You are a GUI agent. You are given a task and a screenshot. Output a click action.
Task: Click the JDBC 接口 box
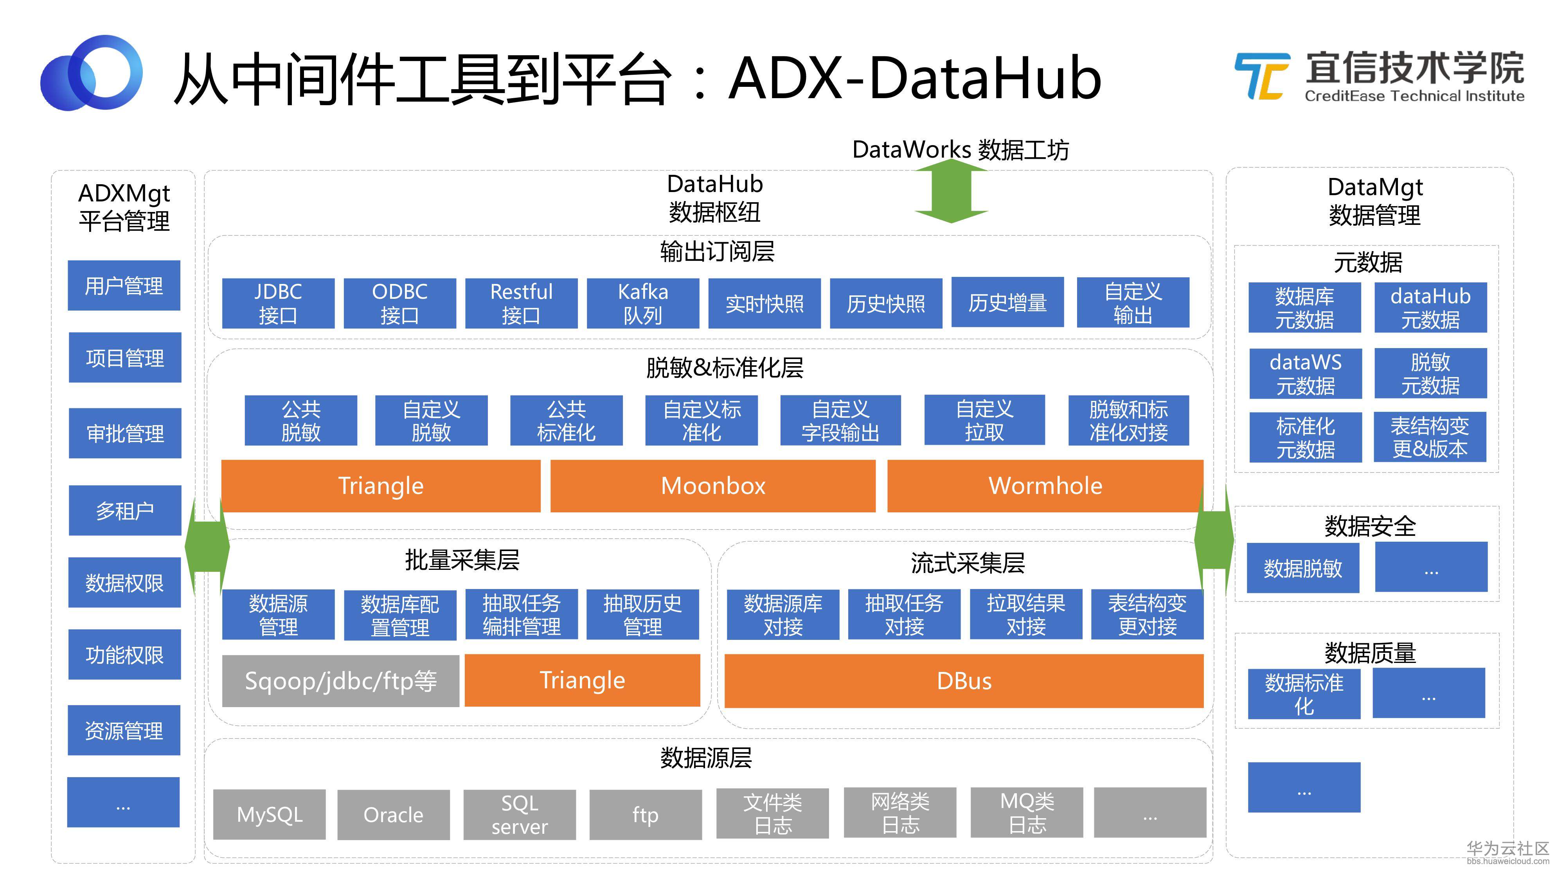[278, 303]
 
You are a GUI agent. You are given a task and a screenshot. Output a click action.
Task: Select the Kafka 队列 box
[643, 303]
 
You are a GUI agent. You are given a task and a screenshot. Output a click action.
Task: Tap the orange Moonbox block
[712, 486]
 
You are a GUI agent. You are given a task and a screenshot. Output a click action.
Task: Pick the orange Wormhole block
[1045, 486]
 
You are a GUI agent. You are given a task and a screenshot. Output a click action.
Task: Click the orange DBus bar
[964, 681]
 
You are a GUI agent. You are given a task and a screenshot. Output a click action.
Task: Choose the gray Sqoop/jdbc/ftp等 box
[340, 681]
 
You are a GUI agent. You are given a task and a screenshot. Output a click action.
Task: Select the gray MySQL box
[269, 814]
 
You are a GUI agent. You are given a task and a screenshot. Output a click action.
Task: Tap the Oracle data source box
[393, 814]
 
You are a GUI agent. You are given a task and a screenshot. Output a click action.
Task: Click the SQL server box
[520, 814]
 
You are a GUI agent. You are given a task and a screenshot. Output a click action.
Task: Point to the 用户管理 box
[124, 286]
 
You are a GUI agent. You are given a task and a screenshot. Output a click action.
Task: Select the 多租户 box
[124, 510]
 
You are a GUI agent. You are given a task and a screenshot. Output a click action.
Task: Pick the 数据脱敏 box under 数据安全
[1302, 568]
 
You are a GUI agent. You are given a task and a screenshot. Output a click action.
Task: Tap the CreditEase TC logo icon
[1262, 76]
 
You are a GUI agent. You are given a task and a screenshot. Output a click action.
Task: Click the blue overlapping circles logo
[91, 73]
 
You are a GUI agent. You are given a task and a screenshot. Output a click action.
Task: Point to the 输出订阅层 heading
[717, 251]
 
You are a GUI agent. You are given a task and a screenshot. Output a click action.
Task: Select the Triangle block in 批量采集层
[582, 680]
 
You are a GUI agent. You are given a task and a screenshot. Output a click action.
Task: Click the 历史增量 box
[1007, 302]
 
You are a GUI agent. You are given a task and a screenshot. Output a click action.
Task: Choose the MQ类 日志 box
[1027, 813]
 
